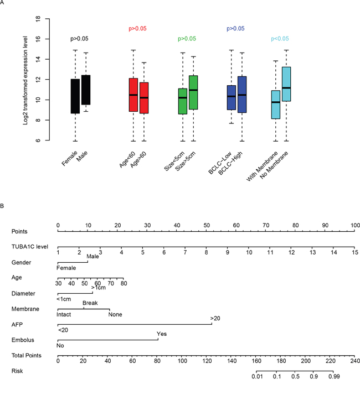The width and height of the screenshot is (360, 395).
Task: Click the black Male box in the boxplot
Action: pyautogui.click(x=85, y=90)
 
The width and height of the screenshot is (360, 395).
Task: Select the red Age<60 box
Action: pyautogui.click(x=133, y=95)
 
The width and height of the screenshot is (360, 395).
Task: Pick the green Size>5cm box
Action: pyautogui.click(x=193, y=92)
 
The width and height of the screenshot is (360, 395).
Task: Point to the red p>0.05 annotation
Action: pyautogui.click(x=138, y=28)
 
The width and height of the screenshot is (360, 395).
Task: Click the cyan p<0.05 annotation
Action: pyautogui.click(x=280, y=39)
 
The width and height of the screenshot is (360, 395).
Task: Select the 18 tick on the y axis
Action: pyautogui.click(x=38, y=18)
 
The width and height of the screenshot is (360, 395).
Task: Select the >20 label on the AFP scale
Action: pyautogui.click(x=215, y=318)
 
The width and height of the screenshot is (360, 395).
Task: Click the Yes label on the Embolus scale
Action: pyautogui.click(x=162, y=334)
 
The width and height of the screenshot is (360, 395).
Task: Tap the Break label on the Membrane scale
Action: pyautogui.click(x=90, y=303)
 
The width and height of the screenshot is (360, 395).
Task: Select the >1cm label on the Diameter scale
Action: pyautogui.click(x=98, y=288)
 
